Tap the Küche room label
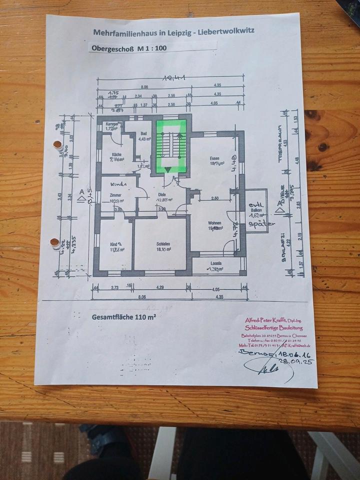(x=116, y=154)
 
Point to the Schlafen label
(x=161, y=244)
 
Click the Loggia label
(x=216, y=263)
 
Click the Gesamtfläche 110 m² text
(x=123, y=316)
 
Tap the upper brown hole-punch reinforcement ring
(x=58, y=145)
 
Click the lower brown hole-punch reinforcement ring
(x=55, y=243)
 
